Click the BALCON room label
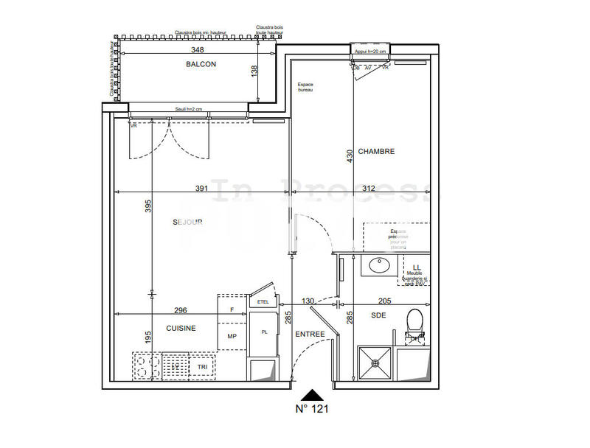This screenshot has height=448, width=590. point(201,64)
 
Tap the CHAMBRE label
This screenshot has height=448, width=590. point(376,152)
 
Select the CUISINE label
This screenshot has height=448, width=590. point(180,329)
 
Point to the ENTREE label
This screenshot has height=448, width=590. point(310,335)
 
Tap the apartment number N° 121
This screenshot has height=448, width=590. point(312,407)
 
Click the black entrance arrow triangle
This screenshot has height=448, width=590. point(313,394)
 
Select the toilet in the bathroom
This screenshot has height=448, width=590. point(414,322)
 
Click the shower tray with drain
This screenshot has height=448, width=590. point(376,363)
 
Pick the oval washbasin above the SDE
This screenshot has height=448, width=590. point(382,265)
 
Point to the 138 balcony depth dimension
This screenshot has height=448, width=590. point(254,71)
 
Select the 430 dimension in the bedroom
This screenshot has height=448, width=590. point(350,157)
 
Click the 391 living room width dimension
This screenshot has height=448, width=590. point(201,189)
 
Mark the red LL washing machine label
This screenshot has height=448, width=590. point(416,267)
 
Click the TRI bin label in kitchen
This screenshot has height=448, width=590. point(201,366)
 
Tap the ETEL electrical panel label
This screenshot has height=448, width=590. point(263,302)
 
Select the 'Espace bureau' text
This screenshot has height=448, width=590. point(305,88)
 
